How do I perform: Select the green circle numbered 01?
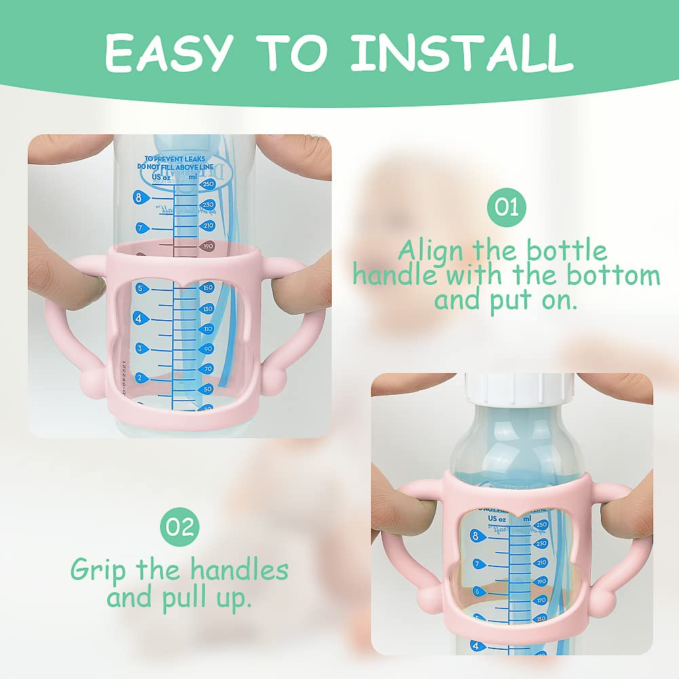click(x=506, y=205)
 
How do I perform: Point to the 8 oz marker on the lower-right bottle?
click(x=475, y=536)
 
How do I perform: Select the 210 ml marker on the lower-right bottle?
click(x=541, y=562)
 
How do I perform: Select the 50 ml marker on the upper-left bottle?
click(x=206, y=389)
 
